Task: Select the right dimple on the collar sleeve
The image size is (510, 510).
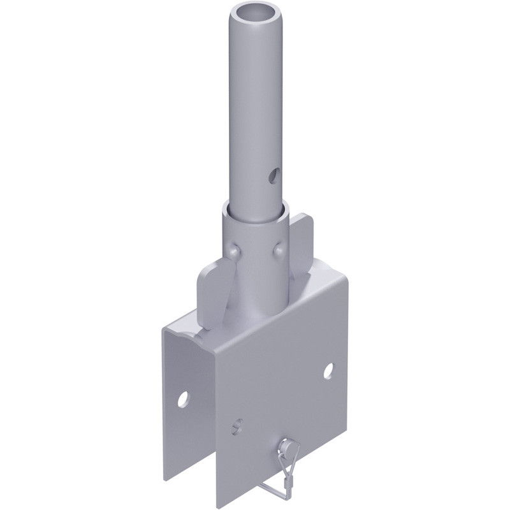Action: click(279, 251)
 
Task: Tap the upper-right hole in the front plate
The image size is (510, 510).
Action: click(329, 370)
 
